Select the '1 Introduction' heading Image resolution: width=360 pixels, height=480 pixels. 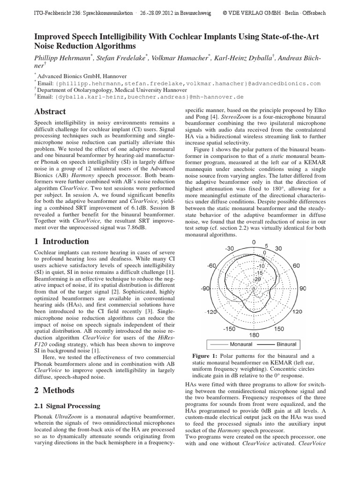point(61,241)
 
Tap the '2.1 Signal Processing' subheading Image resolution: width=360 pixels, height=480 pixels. point(67,405)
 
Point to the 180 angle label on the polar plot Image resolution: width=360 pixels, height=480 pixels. point(253,336)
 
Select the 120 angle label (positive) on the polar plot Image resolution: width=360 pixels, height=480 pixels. point(297,312)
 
